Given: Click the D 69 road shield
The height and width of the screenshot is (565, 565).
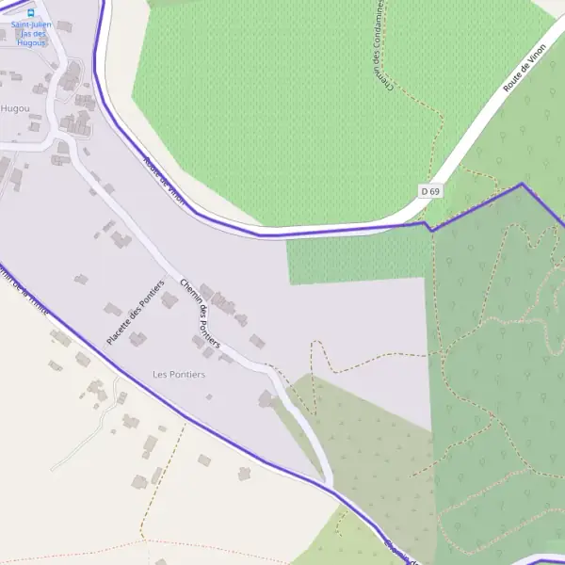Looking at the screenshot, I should click(x=431, y=191).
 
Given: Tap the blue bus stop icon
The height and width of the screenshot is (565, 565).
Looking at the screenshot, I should click(x=31, y=13).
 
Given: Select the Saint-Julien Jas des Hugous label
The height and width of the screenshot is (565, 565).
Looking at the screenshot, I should click(x=32, y=33).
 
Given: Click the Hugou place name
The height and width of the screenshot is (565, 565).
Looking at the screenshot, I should click(x=15, y=108).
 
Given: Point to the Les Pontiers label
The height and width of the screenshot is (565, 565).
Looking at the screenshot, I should click(x=179, y=375).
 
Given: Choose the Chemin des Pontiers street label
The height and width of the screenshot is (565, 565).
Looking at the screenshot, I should click(x=200, y=314).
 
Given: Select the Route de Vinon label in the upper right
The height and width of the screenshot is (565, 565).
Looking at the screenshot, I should click(x=525, y=67).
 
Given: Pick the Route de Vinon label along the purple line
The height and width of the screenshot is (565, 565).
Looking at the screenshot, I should click(x=165, y=179).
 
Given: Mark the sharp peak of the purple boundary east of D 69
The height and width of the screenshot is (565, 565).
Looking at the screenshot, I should click(x=522, y=184).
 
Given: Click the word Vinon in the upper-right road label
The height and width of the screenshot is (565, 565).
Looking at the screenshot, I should click(x=536, y=54).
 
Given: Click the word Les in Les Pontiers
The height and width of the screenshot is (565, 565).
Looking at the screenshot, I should click(x=160, y=375).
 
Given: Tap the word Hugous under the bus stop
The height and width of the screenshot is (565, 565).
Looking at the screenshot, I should click(x=32, y=42).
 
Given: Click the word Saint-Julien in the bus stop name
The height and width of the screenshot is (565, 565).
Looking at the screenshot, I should click(x=32, y=24).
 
